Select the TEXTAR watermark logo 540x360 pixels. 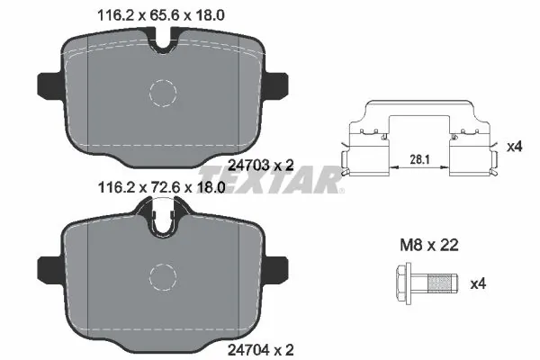coord(270,176)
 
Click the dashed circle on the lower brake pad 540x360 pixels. coord(164,275)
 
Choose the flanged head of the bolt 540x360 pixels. coord(402,283)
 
